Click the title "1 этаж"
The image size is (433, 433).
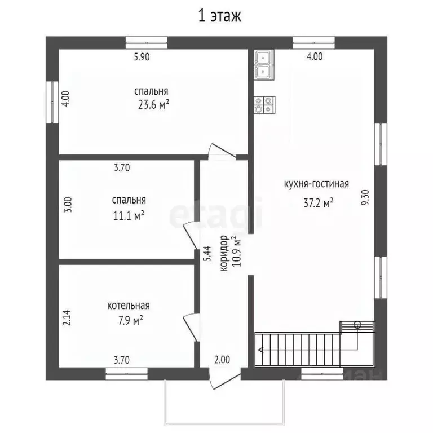[x=220, y=16]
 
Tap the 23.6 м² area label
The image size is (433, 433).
[x=153, y=105]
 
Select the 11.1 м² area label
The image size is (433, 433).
[x=129, y=216]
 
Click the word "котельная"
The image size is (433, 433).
[x=129, y=306]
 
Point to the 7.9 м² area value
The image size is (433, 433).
[x=131, y=321]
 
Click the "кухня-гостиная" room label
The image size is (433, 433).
[x=316, y=184]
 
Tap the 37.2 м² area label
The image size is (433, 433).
[x=319, y=203]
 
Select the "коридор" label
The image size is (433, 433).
[x=224, y=253]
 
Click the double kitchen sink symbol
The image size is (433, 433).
[x=264, y=65]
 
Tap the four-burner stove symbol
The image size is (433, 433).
[x=265, y=105]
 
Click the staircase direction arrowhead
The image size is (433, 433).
[x=260, y=350]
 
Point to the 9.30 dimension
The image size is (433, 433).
[x=365, y=197]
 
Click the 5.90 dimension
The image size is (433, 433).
[x=142, y=57]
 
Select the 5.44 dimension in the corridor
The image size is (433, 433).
[x=207, y=253]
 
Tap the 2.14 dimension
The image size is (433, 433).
[x=67, y=317]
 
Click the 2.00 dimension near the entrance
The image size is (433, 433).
[x=222, y=360]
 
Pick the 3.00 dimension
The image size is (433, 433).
[x=68, y=204]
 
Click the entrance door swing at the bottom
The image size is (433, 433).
[x=224, y=379]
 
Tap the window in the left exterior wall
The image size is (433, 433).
[x=52, y=102]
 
